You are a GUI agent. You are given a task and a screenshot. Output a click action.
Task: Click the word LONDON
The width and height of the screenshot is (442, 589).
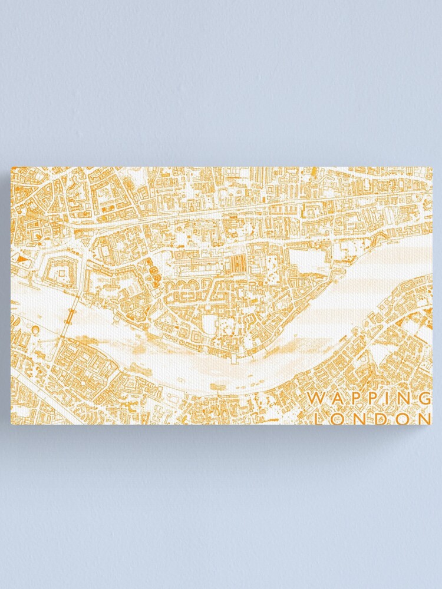click(374, 418)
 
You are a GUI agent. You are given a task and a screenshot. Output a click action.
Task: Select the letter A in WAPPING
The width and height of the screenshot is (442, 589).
click(333, 399)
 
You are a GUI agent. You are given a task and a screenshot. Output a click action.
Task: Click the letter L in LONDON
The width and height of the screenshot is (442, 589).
click(322, 418)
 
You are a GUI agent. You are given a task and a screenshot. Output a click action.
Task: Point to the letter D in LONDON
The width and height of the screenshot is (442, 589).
click(383, 418)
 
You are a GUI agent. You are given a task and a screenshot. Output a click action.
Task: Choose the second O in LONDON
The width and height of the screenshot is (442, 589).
click(403, 418)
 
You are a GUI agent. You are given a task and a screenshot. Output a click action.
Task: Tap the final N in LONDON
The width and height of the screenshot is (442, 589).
click(423, 418)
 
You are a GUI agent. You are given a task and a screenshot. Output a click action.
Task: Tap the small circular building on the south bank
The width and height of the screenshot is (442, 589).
click(35, 330)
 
